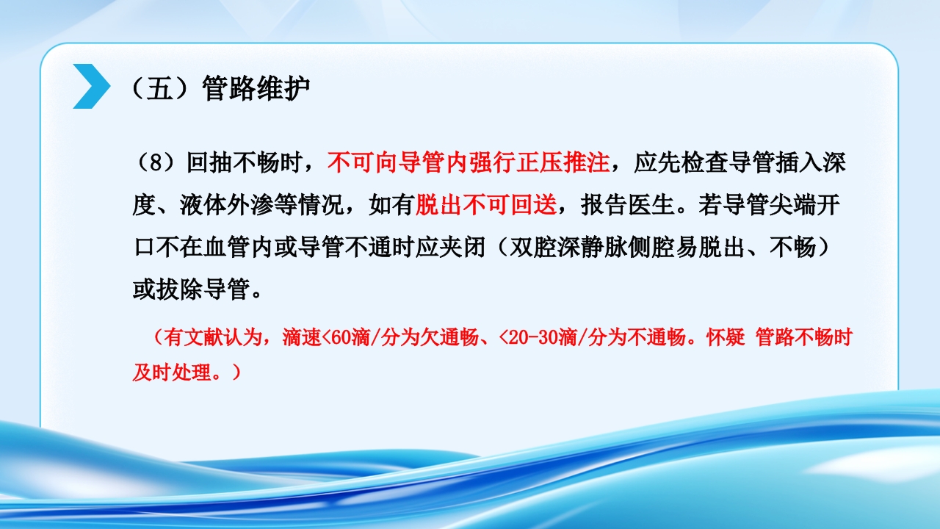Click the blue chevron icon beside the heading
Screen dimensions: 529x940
pos(91,86)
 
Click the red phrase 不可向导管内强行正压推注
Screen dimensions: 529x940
pos(469,162)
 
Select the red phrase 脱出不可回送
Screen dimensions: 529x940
pos(486,205)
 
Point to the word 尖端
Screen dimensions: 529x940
pos(794,205)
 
